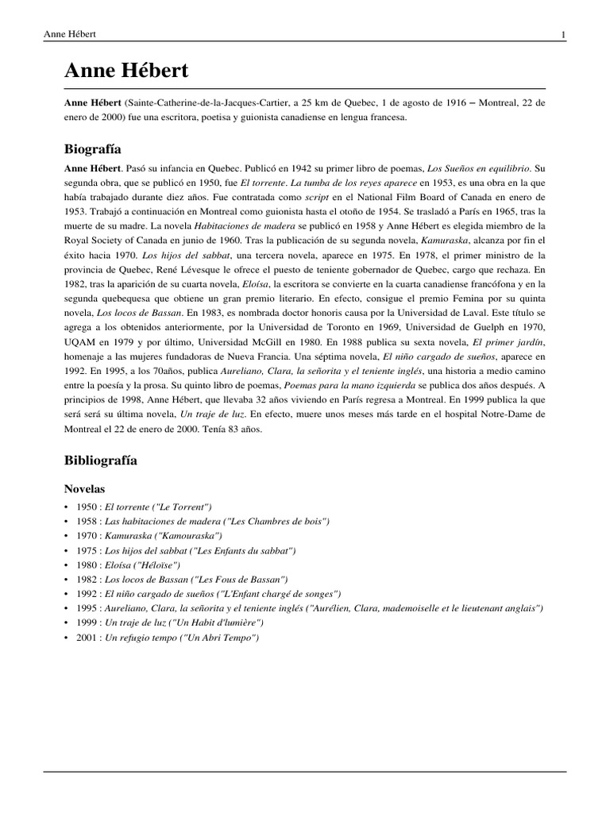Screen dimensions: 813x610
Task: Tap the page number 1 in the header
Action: tap(562, 34)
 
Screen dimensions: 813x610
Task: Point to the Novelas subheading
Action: tap(86, 489)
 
